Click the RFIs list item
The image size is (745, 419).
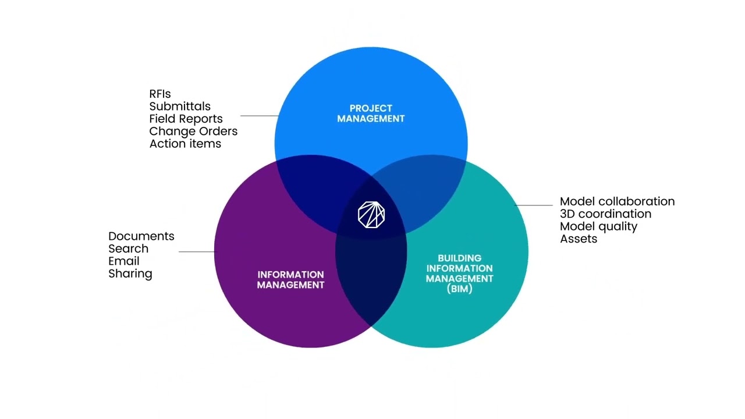click(x=160, y=94)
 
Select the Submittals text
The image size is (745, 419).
click(x=180, y=106)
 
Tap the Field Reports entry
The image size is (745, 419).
click(x=186, y=119)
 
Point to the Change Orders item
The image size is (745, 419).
click(x=193, y=132)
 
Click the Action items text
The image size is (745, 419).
click(x=185, y=144)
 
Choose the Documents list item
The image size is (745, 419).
click(x=141, y=236)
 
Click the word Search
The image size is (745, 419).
click(x=128, y=248)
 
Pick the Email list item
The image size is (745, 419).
click(x=124, y=261)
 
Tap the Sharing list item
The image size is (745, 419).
click(x=130, y=274)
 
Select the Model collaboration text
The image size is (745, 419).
click(x=617, y=201)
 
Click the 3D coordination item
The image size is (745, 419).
click(x=605, y=214)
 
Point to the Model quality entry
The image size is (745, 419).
click(x=598, y=226)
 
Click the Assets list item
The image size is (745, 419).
click(x=579, y=239)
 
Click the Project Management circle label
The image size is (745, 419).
click(x=371, y=113)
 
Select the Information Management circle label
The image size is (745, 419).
click(x=290, y=280)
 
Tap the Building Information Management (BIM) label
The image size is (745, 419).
click(x=459, y=273)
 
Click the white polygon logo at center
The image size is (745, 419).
click(x=371, y=215)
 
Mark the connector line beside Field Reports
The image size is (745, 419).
click(x=258, y=116)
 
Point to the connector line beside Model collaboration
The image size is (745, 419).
click(x=534, y=205)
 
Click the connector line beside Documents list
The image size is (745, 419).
click(x=197, y=252)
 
